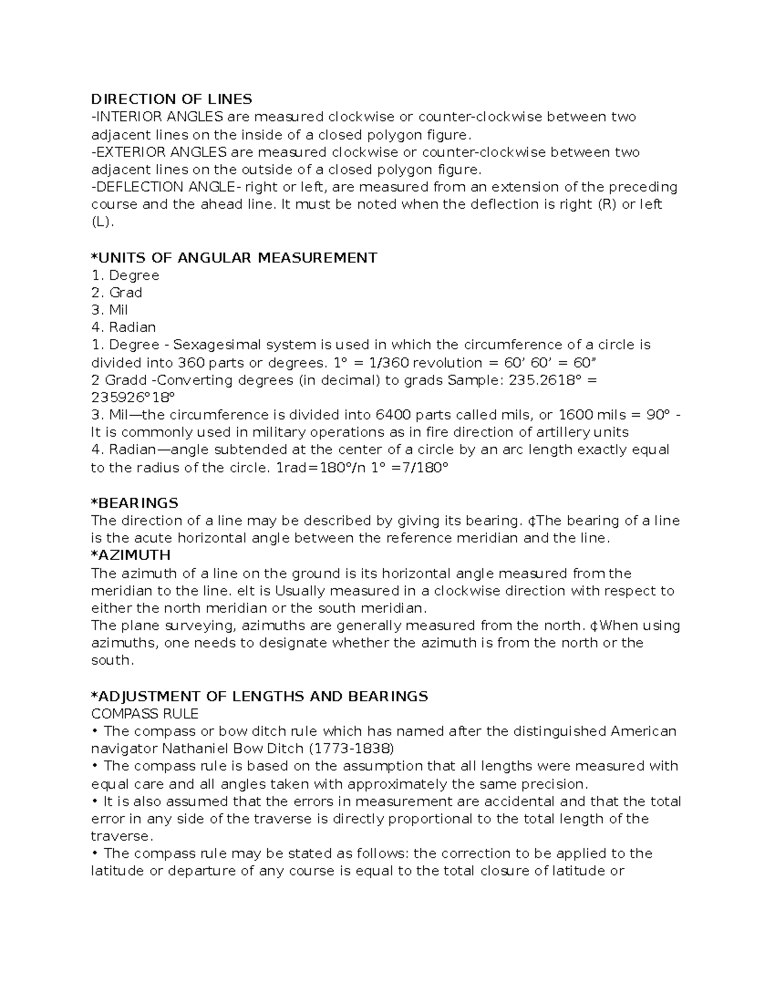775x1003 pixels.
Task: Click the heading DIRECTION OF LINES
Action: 171,99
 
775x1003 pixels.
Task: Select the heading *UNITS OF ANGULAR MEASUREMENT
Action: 234,258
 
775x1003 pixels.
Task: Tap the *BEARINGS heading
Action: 134,503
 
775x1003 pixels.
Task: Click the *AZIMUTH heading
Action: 130,555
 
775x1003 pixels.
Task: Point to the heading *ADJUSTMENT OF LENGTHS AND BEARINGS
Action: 259,696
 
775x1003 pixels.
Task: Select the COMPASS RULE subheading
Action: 145,714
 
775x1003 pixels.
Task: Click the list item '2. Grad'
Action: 116,293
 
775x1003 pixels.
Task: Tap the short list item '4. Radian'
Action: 123,327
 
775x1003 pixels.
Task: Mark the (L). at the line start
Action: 102,222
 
